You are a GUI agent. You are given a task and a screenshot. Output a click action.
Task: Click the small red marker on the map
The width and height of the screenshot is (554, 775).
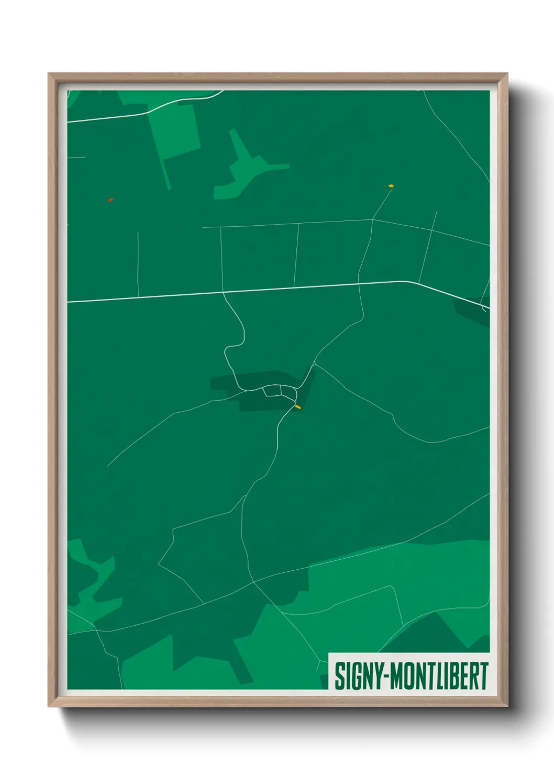click(110, 200)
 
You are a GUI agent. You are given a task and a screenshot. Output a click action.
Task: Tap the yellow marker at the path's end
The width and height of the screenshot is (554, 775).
click(391, 186)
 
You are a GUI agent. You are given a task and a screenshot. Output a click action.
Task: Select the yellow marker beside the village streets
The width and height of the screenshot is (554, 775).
click(298, 406)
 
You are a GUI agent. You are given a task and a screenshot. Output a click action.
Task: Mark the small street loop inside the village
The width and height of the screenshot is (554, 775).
click(274, 390)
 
